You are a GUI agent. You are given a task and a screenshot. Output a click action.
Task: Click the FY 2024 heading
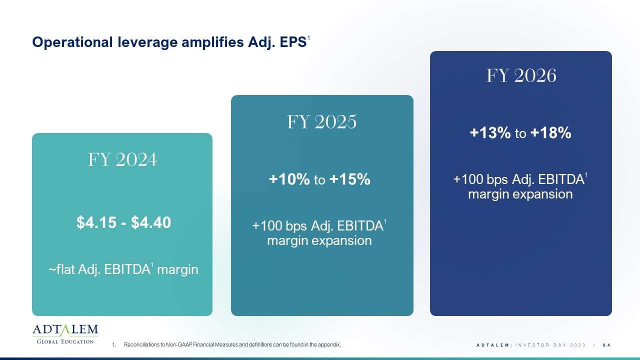pos(122,159)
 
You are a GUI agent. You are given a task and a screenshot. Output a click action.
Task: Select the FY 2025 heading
pos(321,121)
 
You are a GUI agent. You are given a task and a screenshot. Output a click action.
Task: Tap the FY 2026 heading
pos(521,75)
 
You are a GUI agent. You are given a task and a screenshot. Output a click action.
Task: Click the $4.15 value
pos(96,222)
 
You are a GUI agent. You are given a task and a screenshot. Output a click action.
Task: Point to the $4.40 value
pos(151,222)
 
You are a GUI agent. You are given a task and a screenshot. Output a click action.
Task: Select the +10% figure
pos(289,179)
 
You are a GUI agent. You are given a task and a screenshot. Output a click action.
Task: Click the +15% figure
pos(349,179)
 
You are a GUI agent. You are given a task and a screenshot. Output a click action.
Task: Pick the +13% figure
pos(490,133)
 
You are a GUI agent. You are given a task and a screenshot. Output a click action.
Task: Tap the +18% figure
pos(550,133)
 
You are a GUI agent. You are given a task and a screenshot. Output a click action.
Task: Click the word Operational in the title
pos(72,42)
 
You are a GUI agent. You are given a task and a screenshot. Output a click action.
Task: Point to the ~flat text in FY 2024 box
pos(61,269)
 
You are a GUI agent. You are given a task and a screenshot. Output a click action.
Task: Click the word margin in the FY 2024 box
pos(177,269)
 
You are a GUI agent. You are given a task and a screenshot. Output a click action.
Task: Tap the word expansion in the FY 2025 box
pos(341,241)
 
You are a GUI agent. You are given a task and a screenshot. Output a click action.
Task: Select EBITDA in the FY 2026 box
pos(561,179)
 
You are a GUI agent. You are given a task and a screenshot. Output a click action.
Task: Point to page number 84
pos(606,345)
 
